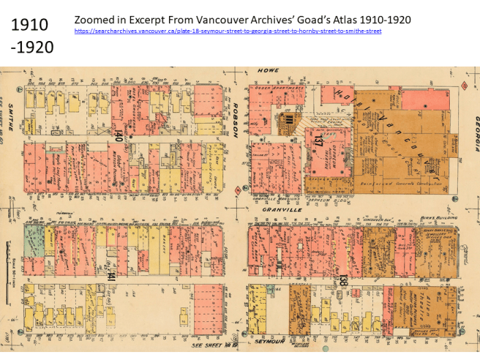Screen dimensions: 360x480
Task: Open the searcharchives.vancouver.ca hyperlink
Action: point(228,31)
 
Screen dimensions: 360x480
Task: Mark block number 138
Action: point(341,278)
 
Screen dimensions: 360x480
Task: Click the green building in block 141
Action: point(33,240)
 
